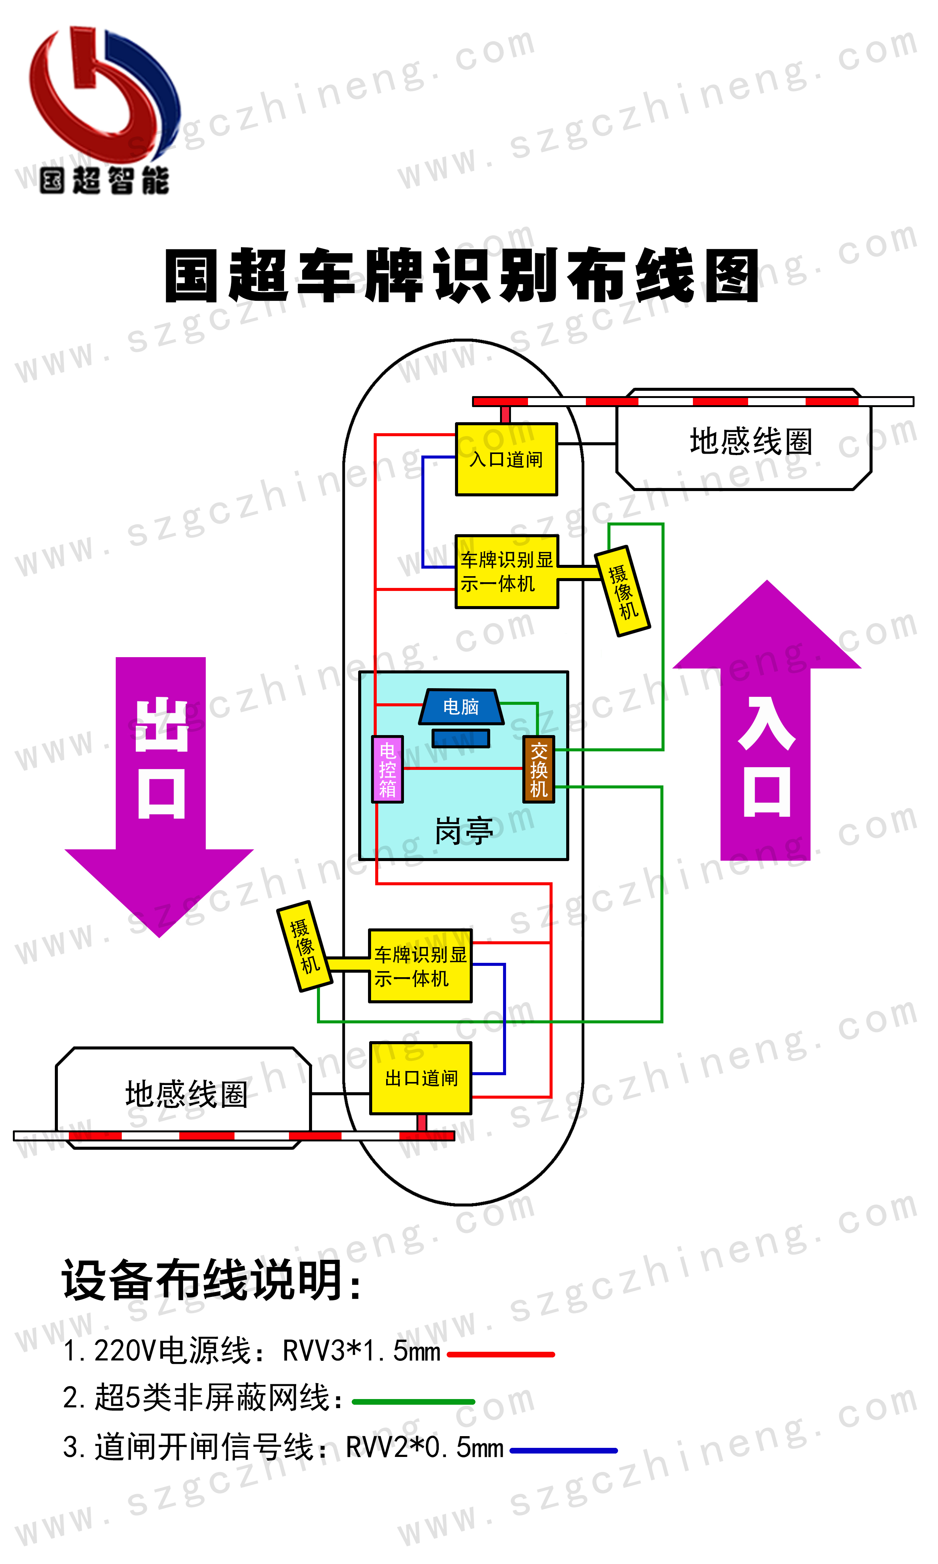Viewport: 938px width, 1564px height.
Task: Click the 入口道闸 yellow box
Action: click(x=506, y=459)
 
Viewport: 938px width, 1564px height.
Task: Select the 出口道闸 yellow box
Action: click(x=421, y=1078)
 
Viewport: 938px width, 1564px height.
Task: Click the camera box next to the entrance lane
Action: click(x=623, y=591)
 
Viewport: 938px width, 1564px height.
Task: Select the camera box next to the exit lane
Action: click(x=304, y=946)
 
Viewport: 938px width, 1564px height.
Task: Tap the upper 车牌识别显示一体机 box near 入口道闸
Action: click(x=506, y=572)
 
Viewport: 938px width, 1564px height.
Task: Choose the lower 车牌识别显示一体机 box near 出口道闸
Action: click(x=420, y=966)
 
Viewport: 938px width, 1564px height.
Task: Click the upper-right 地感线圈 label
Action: click(x=750, y=441)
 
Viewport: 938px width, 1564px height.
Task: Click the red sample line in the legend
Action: click(x=501, y=1355)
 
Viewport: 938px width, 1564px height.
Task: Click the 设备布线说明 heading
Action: click(x=212, y=1281)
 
